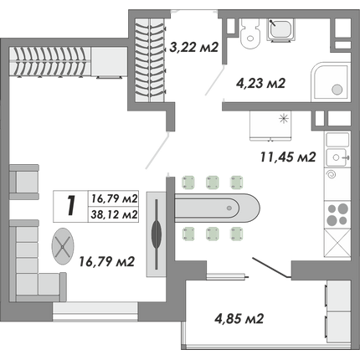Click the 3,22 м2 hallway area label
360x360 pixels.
click(193, 48)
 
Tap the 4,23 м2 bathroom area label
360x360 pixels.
click(260, 83)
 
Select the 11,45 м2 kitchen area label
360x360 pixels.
click(288, 157)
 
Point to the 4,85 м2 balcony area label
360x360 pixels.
click(239, 318)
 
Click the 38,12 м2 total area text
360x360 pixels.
click(115, 214)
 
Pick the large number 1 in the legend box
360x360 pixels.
click(71, 206)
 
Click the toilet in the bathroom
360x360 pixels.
click(249, 33)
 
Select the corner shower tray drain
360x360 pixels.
click(337, 90)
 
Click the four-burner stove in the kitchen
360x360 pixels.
click(337, 215)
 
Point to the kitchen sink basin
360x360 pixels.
click(337, 157)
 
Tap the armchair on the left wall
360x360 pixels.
click(23, 182)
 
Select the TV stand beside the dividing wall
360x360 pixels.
click(157, 234)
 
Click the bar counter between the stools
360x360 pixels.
click(217, 208)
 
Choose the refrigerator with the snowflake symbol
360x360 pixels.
click(270, 126)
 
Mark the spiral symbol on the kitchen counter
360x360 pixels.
click(332, 175)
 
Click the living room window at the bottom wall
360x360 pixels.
click(95, 312)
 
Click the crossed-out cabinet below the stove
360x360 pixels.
click(337, 243)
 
